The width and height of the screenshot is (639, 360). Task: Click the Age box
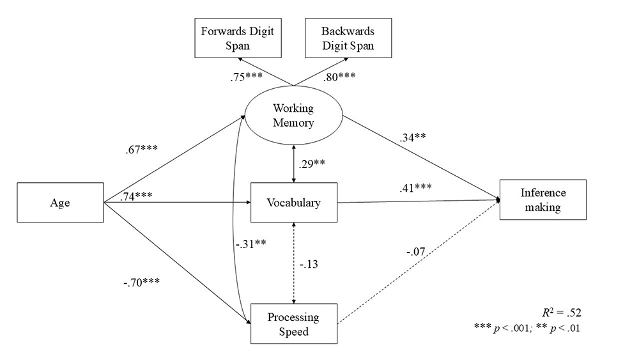(x=59, y=203)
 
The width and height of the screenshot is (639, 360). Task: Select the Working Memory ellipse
(x=293, y=115)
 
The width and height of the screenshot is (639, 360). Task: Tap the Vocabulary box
(x=293, y=203)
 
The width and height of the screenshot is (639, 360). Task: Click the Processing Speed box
(x=293, y=324)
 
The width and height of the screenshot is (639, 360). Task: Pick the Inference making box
(x=543, y=199)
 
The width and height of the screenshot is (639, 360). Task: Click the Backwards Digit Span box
(x=348, y=39)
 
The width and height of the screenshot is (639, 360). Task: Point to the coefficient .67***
(x=142, y=150)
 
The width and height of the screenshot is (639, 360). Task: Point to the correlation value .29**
(x=312, y=162)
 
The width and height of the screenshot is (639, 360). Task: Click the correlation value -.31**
(x=250, y=243)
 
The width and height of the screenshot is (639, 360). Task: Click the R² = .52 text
(x=563, y=313)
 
